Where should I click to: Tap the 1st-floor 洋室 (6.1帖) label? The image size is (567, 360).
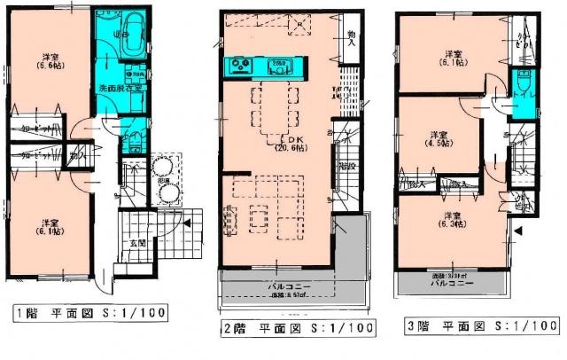click(46, 227)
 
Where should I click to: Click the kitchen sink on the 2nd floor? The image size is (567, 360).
click(277, 63)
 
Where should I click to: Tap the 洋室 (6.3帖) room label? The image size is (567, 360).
click(453, 220)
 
